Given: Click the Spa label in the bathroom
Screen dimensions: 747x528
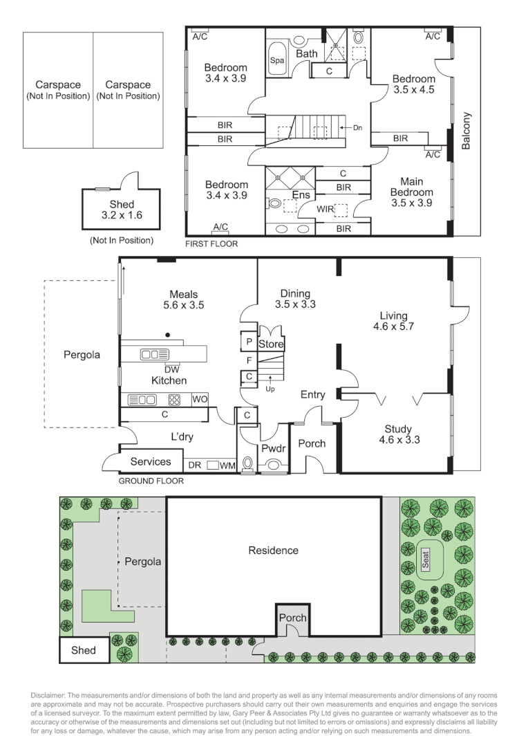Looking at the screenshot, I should (276, 60).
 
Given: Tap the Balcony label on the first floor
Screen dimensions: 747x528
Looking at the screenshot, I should (466, 131).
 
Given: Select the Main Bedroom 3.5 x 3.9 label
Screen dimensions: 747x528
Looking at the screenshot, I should (411, 192).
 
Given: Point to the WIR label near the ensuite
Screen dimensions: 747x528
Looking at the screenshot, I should (326, 208).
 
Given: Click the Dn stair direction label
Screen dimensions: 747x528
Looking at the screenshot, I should (357, 128).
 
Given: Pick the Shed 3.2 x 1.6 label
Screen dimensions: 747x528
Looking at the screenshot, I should (122, 210).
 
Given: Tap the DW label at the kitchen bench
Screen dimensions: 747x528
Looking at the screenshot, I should (162, 369).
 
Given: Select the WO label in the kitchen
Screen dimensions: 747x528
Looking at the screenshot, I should (199, 399).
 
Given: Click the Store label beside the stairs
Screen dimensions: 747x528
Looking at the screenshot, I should (271, 344).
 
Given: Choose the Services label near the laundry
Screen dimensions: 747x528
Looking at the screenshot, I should (150, 461).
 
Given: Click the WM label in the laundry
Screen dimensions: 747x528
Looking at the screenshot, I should (228, 466).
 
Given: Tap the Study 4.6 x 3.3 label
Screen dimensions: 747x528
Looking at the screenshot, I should (399, 434).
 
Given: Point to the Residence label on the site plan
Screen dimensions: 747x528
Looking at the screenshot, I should (274, 551).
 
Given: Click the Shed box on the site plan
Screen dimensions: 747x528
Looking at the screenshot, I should (84, 650).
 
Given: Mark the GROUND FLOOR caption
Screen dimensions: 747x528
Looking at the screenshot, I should (151, 481).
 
